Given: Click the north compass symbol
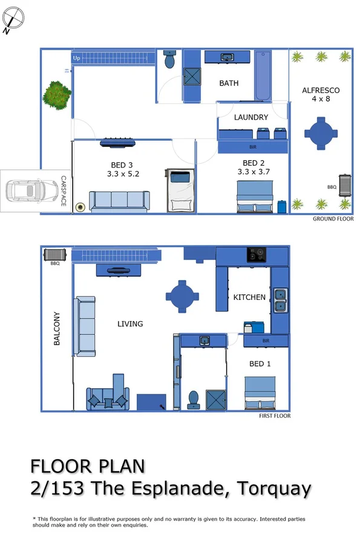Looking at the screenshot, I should pos(14,18).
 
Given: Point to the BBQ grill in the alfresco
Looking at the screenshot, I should pos(345,185).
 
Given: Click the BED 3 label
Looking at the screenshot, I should pos(118,165).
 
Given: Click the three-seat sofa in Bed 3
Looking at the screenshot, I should pos(119,201).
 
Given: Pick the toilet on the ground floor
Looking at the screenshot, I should pos(170,59).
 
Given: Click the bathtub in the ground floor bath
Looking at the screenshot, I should pos(263,77).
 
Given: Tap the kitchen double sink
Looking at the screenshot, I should pos(280,300).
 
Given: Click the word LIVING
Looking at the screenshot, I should pos(130,324).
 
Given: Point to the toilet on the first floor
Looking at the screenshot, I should pos(194,399).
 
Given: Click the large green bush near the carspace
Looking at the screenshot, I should pos(56,94).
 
